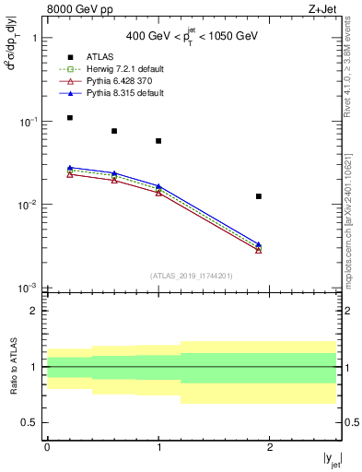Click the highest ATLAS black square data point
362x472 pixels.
[x=69, y=118]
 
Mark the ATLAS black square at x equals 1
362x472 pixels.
[x=158, y=141]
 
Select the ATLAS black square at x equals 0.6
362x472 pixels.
[x=114, y=131]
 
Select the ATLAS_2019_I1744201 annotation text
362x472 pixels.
[x=192, y=275]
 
